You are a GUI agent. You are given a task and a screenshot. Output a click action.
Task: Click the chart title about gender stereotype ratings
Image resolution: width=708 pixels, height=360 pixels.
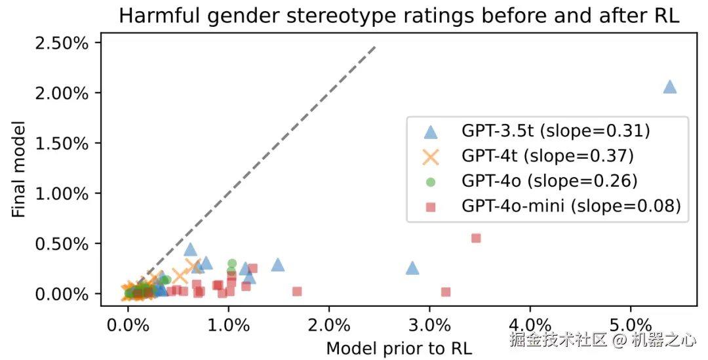[x=399, y=16]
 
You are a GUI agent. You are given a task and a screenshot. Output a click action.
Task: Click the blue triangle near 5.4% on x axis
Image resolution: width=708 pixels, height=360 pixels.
[x=669, y=87]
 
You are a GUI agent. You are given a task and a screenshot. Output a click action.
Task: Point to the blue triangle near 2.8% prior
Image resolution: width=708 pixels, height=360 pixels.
[x=412, y=268]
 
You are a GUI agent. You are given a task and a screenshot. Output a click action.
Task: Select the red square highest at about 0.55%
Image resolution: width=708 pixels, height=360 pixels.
[x=476, y=238]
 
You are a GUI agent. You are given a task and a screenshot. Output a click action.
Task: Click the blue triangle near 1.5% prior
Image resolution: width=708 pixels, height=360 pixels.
[x=278, y=264]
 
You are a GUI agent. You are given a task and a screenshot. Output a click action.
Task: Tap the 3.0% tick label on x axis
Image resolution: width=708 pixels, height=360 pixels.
[x=429, y=325]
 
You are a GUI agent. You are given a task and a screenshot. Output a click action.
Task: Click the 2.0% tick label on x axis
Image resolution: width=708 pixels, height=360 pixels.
[x=329, y=325]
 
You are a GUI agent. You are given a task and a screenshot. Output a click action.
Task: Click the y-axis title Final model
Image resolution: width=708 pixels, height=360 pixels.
[x=19, y=169]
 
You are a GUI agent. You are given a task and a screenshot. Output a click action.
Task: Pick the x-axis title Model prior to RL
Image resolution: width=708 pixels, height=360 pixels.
[x=399, y=347]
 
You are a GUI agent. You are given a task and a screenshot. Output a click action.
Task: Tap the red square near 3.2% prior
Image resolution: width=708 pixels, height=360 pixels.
[x=446, y=292]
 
